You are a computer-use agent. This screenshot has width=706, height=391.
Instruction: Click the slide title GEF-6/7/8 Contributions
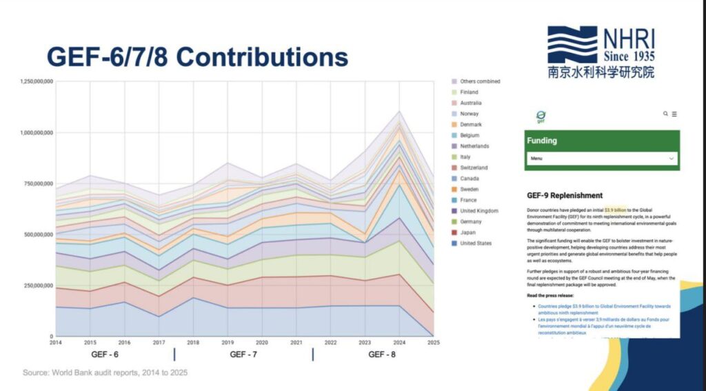(196, 57)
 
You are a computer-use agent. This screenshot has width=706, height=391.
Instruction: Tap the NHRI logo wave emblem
(572, 45)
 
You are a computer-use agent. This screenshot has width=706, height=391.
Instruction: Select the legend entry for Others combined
(480, 81)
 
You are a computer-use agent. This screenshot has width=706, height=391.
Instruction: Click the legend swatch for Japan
(454, 232)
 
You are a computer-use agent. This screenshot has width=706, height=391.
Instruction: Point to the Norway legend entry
(470, 114)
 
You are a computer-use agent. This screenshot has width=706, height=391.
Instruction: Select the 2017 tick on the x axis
(159, 342)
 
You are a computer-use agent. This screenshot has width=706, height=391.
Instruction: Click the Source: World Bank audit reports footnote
(105, 372)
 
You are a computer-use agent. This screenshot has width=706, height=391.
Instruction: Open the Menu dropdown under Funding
(602, 159)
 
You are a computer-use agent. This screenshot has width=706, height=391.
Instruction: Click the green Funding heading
(542, 141)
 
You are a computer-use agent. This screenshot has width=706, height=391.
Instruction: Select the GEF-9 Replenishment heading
(565, 195)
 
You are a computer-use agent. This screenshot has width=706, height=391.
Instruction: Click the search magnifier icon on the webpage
(665, 114)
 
